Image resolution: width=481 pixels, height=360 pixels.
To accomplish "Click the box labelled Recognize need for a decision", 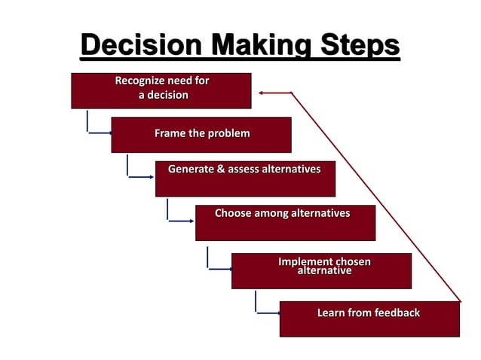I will (x=161, y=90).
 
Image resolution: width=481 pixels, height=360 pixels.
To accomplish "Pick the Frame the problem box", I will (x=201, y=135).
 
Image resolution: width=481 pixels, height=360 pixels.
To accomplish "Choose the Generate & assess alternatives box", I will (x=245, y=179).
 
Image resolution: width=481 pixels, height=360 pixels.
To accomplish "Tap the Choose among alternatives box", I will (x=285, y=223).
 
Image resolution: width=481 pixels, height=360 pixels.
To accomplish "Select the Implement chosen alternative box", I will (x=321, y=271).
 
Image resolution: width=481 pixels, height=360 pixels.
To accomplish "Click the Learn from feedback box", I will (x=369, y=319).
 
